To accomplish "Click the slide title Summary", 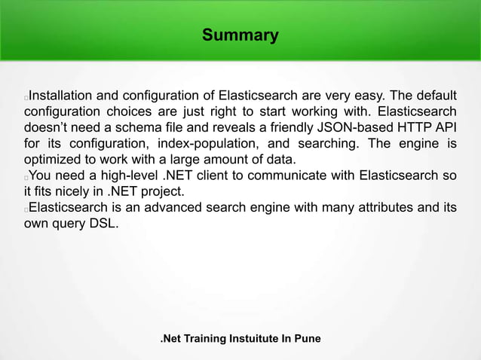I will coord(240,35).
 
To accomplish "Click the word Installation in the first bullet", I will coord(61,96).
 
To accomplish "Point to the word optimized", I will coord(53,160).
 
